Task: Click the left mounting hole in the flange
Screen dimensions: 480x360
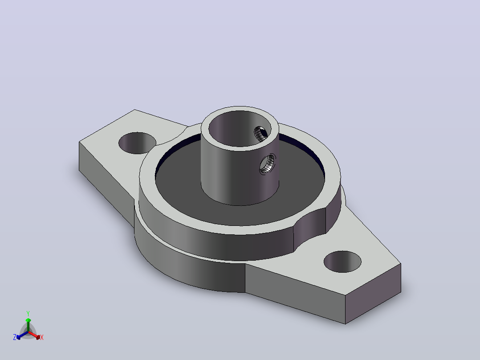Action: coord(137,143)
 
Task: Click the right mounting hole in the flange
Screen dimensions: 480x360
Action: coord(342,262)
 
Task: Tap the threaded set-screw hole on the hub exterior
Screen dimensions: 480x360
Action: coord(268,164)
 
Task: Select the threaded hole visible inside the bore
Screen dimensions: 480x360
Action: coord(261,134)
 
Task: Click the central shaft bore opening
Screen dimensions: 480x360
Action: coord(240,128)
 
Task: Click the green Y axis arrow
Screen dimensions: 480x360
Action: coord(28,325)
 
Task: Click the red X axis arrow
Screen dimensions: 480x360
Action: coord(34,335)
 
